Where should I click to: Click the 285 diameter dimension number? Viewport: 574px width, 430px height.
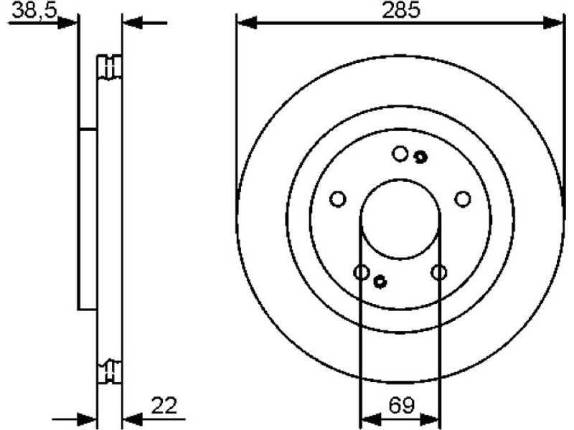click(401, 11)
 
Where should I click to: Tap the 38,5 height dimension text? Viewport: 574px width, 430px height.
click(34, 11)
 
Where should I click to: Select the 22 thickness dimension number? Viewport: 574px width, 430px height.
click(164, 405)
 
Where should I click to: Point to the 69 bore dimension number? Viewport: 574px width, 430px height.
click(401, 405)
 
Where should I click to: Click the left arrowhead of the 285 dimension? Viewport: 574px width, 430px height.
click(247, 23)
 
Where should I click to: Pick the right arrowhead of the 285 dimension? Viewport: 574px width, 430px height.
click(552, 23)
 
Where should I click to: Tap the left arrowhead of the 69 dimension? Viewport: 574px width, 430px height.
click(370, 419)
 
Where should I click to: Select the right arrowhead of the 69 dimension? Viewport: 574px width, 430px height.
click(429, 419)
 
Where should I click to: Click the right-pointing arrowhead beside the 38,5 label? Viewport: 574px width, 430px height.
click(67, 23)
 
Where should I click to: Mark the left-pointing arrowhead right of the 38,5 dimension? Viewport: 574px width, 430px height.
click(133, 23)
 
